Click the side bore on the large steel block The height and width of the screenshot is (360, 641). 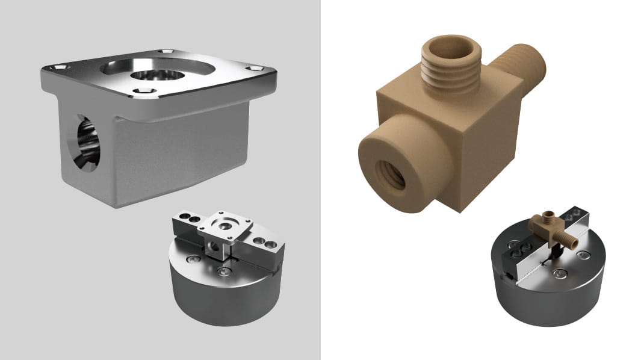pyautogui.click(x=87, y=143)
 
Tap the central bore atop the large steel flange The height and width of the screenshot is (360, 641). pyautogui.click(x=158, y=75)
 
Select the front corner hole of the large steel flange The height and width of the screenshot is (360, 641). pyautogui.click(x=143, y=92)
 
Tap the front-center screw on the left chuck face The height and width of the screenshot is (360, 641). pyautogui.click(x=223, y=273)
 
